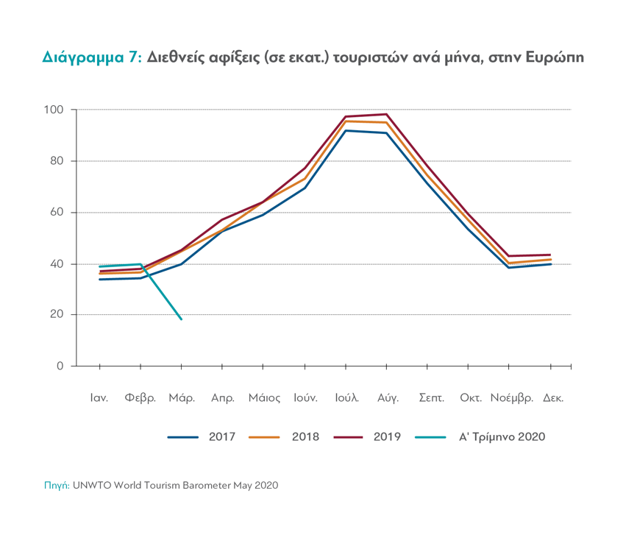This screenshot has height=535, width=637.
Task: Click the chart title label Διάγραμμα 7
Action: tap(91, 58)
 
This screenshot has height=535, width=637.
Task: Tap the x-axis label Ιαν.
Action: tap(99, 398)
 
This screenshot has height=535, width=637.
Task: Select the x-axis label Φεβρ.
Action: tap(140, 398)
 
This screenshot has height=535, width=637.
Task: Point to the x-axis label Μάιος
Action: tap(264, 398)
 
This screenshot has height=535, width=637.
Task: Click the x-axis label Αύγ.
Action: tap(388, 398)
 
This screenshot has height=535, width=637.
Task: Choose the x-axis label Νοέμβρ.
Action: tap(512, 398)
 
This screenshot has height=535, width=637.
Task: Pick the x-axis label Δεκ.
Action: tap(553, 398)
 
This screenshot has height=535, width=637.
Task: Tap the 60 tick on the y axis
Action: tap(58, 213)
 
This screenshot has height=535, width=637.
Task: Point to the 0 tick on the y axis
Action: tap(61, 366)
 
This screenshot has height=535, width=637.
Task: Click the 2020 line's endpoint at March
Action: tap(181, 319)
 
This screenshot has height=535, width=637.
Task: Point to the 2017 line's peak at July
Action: tap(346, 130)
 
